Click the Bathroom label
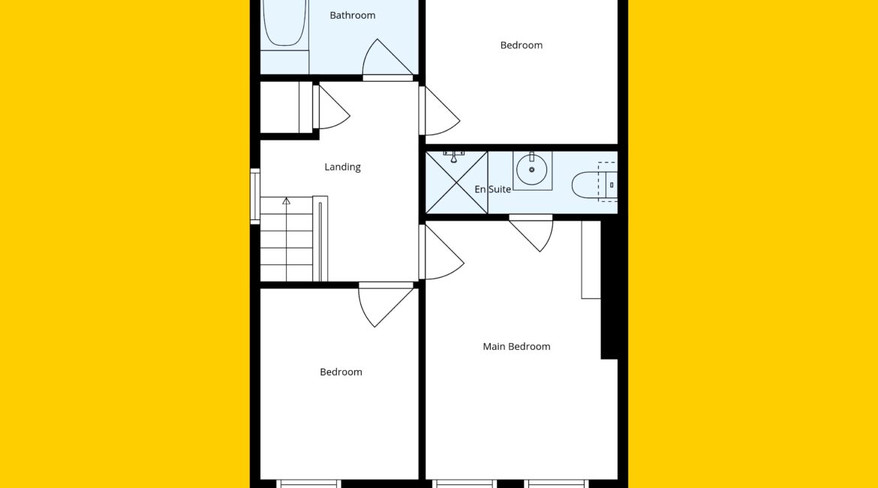pos(352,15)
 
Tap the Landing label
pos(342,167)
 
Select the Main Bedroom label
pos(516,346)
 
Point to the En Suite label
pos(493,189)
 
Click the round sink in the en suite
pos(532,170)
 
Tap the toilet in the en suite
pos(594,185)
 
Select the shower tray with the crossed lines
pos(456,182)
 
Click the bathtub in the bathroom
pos(285,23)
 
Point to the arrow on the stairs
pos(286,200)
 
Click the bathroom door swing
pos(387,59)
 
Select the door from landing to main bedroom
pos(441,252)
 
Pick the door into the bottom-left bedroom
pos(386,303)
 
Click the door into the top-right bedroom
pos(439,111)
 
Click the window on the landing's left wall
pos(255,196)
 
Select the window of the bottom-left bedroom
pos(308,483)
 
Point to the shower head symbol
pos(453,156)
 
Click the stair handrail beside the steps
pos(320,239)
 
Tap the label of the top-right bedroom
pos(522,45)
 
